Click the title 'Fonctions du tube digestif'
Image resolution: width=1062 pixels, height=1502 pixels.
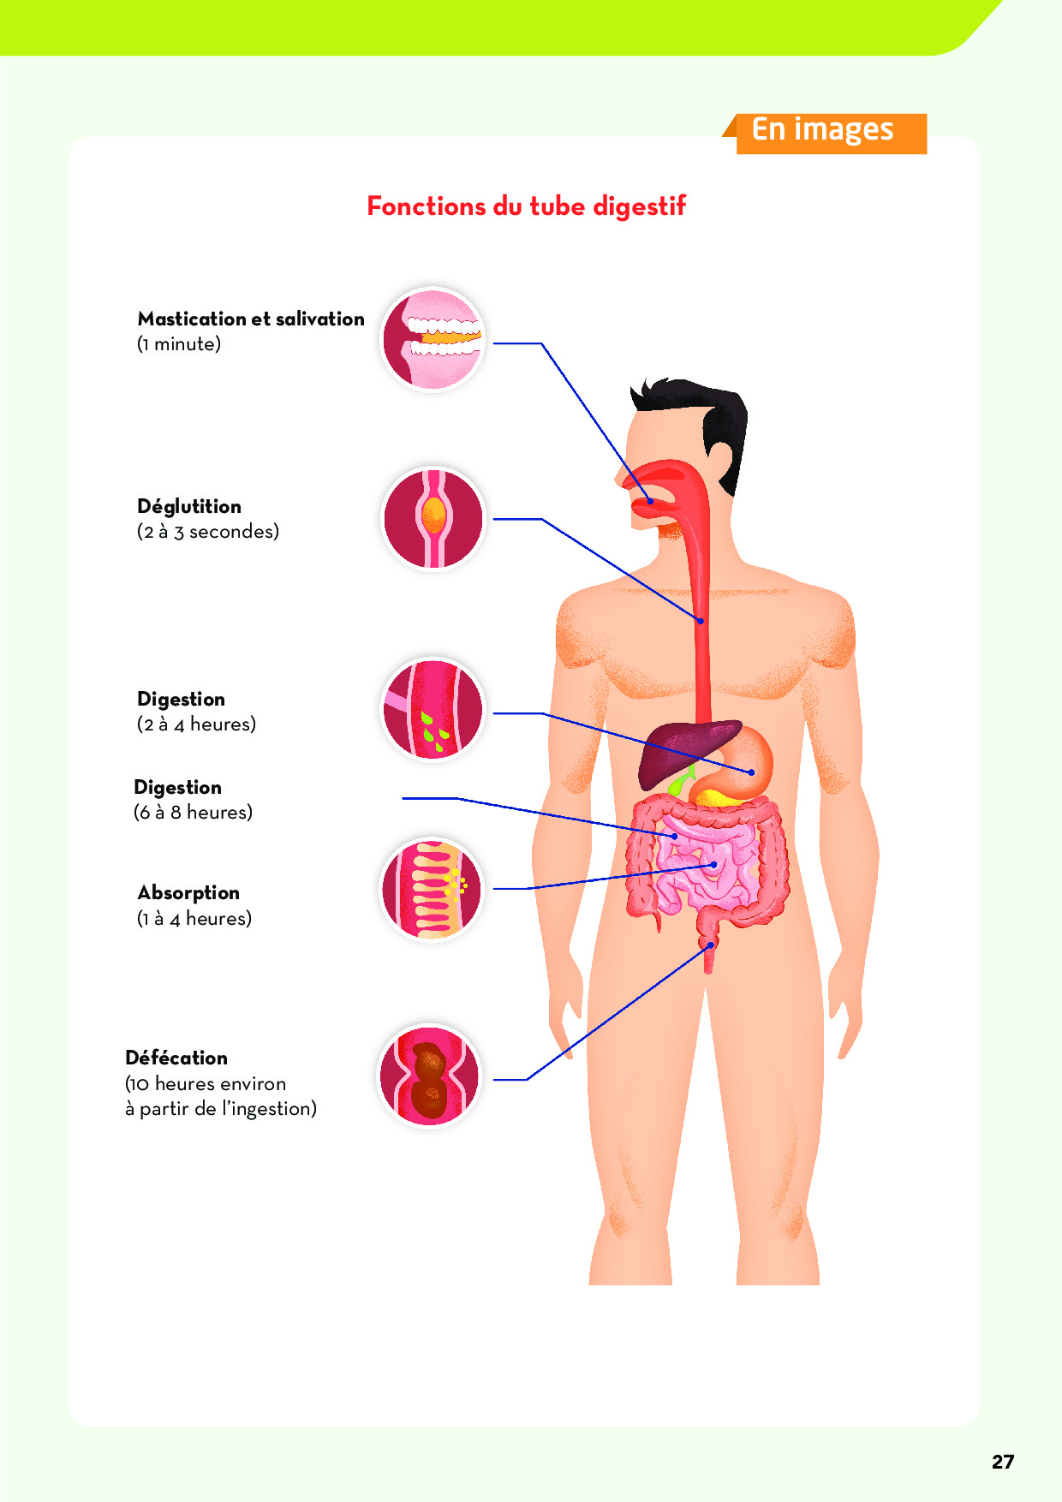click(x=527, y=206)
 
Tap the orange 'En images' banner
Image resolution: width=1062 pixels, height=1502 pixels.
click(x=825, y=133)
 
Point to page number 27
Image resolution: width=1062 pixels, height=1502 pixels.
click(x=1003, y=1462)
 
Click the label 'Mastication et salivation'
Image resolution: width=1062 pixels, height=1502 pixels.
click(x=251, y=319)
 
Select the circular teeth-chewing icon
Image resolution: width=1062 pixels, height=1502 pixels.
click(x=433, y=339)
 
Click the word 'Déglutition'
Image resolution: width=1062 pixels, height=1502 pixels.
click(x=189, y=507)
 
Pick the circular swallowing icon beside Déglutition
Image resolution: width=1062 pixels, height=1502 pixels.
click(x=433, y=518)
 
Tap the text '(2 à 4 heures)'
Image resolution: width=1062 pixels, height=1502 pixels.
click(x=196, y=724)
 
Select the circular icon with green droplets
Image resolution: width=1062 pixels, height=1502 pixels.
click(x=433, y=709)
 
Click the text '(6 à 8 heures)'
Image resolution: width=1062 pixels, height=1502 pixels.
click(x=193, y=813)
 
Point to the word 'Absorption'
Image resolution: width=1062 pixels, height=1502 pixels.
click(x=188, y=893)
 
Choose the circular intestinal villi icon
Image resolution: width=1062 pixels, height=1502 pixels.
click(x=433, y=889)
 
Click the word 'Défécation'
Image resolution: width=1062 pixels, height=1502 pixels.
click(x=176, y=1058)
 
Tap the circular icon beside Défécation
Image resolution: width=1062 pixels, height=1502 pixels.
click(x=430, y=1076)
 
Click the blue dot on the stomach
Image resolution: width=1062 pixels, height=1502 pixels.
click(x=752, y=772)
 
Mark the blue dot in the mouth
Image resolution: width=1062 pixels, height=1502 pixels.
click(x=650, y=501)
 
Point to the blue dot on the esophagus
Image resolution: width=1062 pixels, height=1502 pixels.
click(x=700, y=621)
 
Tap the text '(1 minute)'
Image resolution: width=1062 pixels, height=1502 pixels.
click(x=179, y=344)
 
